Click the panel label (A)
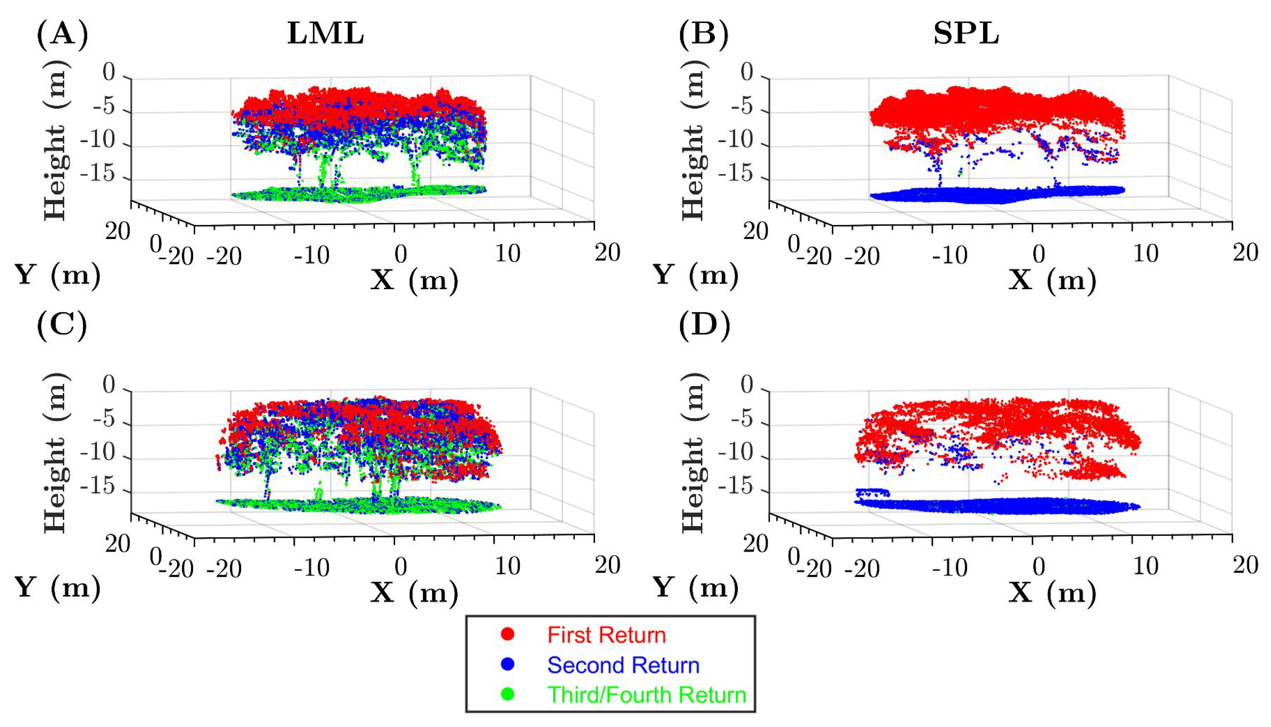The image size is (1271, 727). tap(62, 35)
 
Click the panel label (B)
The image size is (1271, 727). tap(704, 35)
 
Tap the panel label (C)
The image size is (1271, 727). tap(62, 326)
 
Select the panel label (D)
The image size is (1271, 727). tap(704, 326)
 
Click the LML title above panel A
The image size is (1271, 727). tap(325, 35)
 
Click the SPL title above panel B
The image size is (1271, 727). tap(966, 35)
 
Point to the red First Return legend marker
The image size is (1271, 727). tap(508, 634)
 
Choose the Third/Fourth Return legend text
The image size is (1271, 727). tap(646, 695)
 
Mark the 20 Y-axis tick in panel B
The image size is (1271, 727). tap(755, 232)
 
